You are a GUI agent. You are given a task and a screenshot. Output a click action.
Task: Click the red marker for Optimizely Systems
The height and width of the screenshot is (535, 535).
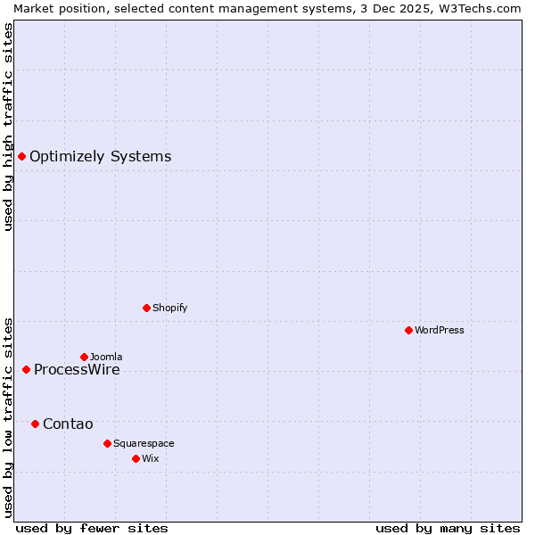click(x=21, y=157)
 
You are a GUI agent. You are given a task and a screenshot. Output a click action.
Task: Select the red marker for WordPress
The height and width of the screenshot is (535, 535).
click(x=408, y=330)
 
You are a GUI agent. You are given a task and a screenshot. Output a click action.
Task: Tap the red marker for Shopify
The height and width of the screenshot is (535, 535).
click(x=146, y=308)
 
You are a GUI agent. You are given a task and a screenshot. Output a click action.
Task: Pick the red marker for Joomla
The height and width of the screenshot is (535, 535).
click(x=84, y=357)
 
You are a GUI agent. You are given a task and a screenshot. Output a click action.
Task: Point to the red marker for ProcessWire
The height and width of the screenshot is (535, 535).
click(x=26, y=369)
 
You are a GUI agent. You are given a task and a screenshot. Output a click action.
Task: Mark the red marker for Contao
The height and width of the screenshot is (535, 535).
click(x=35, y=424)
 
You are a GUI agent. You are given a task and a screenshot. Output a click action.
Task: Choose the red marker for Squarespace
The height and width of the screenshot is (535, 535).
click(x=107, y=443)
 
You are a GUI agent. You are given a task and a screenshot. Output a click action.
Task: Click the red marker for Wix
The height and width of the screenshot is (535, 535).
click(x=136, y=458)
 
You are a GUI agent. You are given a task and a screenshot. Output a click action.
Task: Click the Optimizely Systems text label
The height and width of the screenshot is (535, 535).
click(x=100, y=157)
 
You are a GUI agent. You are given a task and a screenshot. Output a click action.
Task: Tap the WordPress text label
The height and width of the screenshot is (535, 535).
click(x=440, y=330)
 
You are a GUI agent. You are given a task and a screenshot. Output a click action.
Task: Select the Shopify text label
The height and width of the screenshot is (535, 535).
click(x=169, y=308)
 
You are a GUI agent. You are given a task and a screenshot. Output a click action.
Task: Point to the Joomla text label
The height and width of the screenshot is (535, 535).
click(x=106, y=357)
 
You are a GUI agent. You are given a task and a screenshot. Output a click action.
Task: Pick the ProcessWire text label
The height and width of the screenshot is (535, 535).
click(x=77, y=370)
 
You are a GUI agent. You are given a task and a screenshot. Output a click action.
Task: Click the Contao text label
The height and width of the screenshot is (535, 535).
click(x=68, y=424)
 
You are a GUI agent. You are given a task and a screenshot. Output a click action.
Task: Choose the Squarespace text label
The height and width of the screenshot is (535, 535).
click(x=144, y=443)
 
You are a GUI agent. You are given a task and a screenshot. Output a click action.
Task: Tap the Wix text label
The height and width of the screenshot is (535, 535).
click(x=151, y=458)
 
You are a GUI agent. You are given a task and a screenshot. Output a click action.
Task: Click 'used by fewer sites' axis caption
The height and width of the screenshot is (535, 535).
click(x=92, y=528)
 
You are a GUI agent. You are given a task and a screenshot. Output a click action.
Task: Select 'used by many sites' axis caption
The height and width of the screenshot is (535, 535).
click(x=448, y=528)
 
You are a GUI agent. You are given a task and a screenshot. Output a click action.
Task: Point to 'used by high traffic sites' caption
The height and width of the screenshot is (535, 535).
click(x=8, y=127)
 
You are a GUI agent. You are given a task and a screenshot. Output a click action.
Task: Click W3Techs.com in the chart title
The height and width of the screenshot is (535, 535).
click(x=480, y=8)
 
